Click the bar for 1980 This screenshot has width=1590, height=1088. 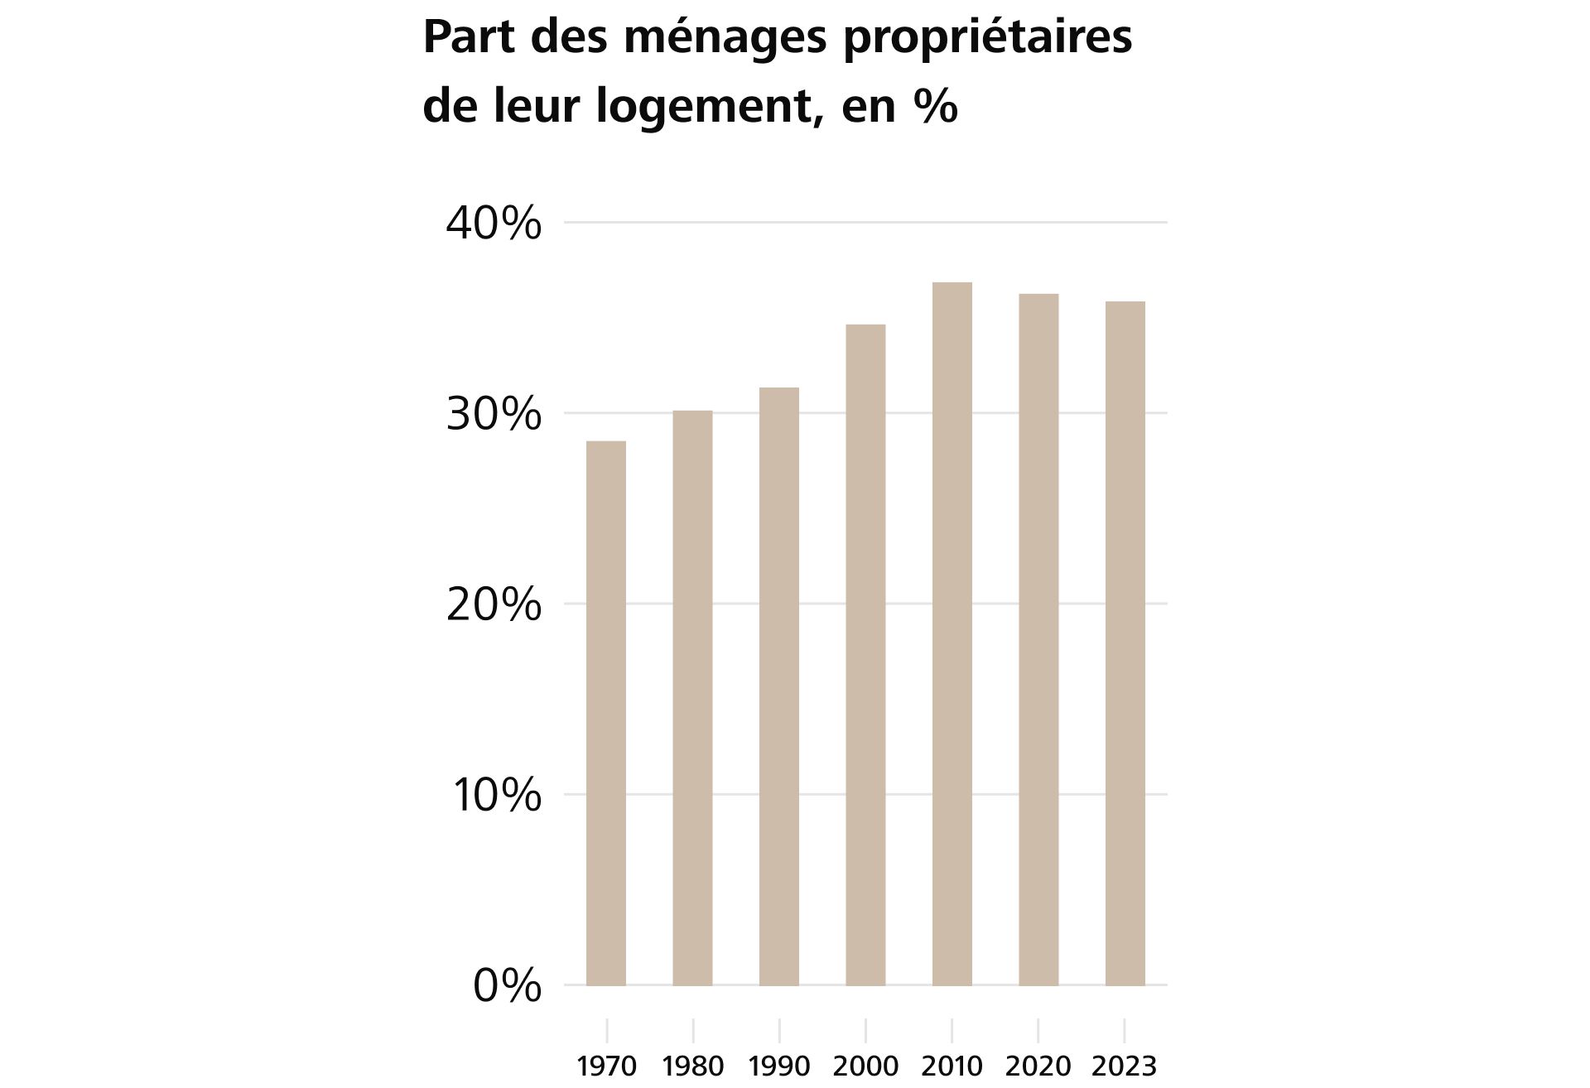(x=692, y=697)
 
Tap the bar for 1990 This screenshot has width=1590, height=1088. (x=779, y=686)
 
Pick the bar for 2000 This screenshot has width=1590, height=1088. (x=865, y=654)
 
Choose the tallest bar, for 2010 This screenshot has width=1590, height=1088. (x=952, y=633)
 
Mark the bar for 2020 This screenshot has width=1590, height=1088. (x=1038, y=639)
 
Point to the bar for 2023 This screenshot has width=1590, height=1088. (x=1125, y=643)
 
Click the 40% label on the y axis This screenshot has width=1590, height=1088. (x=494, y=224)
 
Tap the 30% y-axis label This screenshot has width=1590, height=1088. (x=494, y=414)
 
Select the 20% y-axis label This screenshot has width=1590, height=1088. (x=494, y=605)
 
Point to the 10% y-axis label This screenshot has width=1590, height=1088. (x=496, y=796)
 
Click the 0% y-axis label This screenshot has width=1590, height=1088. (x=507, y=986)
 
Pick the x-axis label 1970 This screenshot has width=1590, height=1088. (x=606, y=1066)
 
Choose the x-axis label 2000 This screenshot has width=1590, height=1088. (x=865, y=1066)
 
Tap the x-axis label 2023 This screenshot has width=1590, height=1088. (x=1124, y=1066)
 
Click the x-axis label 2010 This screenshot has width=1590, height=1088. (x=952, y=1066)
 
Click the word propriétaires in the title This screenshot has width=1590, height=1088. (x=987, y=38)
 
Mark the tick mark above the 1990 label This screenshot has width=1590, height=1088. (x=779, y=1030)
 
